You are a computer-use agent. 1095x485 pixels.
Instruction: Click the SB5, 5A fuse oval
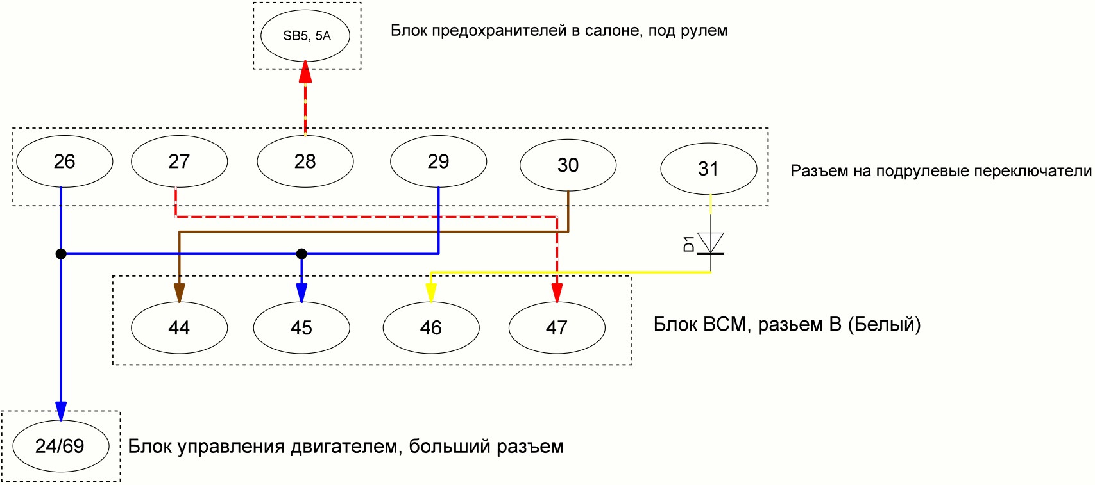click(305, 36)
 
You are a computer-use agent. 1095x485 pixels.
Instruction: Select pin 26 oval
click(65, 161)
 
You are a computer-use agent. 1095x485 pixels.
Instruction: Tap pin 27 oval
click(180, 161)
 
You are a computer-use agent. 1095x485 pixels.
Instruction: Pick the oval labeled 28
click(305, 161)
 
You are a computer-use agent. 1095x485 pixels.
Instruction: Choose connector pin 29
click(439, 161)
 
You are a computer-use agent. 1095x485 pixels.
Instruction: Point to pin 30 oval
click(568, 165)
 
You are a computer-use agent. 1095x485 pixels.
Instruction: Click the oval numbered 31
click(709, 169)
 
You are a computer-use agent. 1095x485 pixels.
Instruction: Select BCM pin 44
click(180, 328)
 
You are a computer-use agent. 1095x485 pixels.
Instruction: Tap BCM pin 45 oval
click(301, 328)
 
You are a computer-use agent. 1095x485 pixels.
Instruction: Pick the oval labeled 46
click(431, 328)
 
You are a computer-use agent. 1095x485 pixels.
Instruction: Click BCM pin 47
click(557, 328)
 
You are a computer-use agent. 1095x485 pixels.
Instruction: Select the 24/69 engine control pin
click(60, 446)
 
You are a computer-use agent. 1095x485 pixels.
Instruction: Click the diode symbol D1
click(710, 243)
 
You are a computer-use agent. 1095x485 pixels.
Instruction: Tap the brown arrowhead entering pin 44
click(180, 293)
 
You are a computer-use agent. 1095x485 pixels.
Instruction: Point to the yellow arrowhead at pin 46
click(430, 293)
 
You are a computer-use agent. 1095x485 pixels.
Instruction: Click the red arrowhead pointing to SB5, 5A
click(305, 71)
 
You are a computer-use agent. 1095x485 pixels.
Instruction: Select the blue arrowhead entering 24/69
click(60, 411)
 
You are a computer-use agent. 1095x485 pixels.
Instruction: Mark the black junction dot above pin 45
click(301, 254)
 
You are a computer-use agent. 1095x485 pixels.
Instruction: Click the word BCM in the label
click(728, 324)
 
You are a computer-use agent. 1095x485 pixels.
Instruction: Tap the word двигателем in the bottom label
click(345, 447)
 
